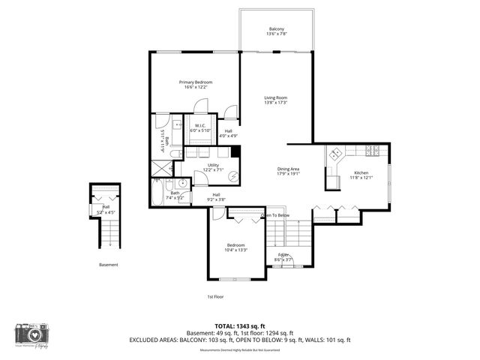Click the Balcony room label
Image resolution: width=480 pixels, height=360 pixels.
277,31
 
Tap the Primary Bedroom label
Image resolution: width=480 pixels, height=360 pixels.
195,84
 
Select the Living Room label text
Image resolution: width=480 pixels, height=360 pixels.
276,100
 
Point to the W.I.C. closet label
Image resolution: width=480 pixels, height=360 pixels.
200,127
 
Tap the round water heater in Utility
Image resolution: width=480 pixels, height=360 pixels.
234,178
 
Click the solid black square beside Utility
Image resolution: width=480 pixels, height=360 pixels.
235,151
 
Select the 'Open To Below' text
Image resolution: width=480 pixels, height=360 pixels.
274,216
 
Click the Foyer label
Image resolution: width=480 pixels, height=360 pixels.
283,256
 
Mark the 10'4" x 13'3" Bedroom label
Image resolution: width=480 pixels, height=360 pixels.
236,247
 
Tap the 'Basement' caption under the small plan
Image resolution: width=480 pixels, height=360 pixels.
108,265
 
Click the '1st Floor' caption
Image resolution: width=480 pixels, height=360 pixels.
215,297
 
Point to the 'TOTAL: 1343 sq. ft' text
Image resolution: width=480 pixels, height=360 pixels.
239,326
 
